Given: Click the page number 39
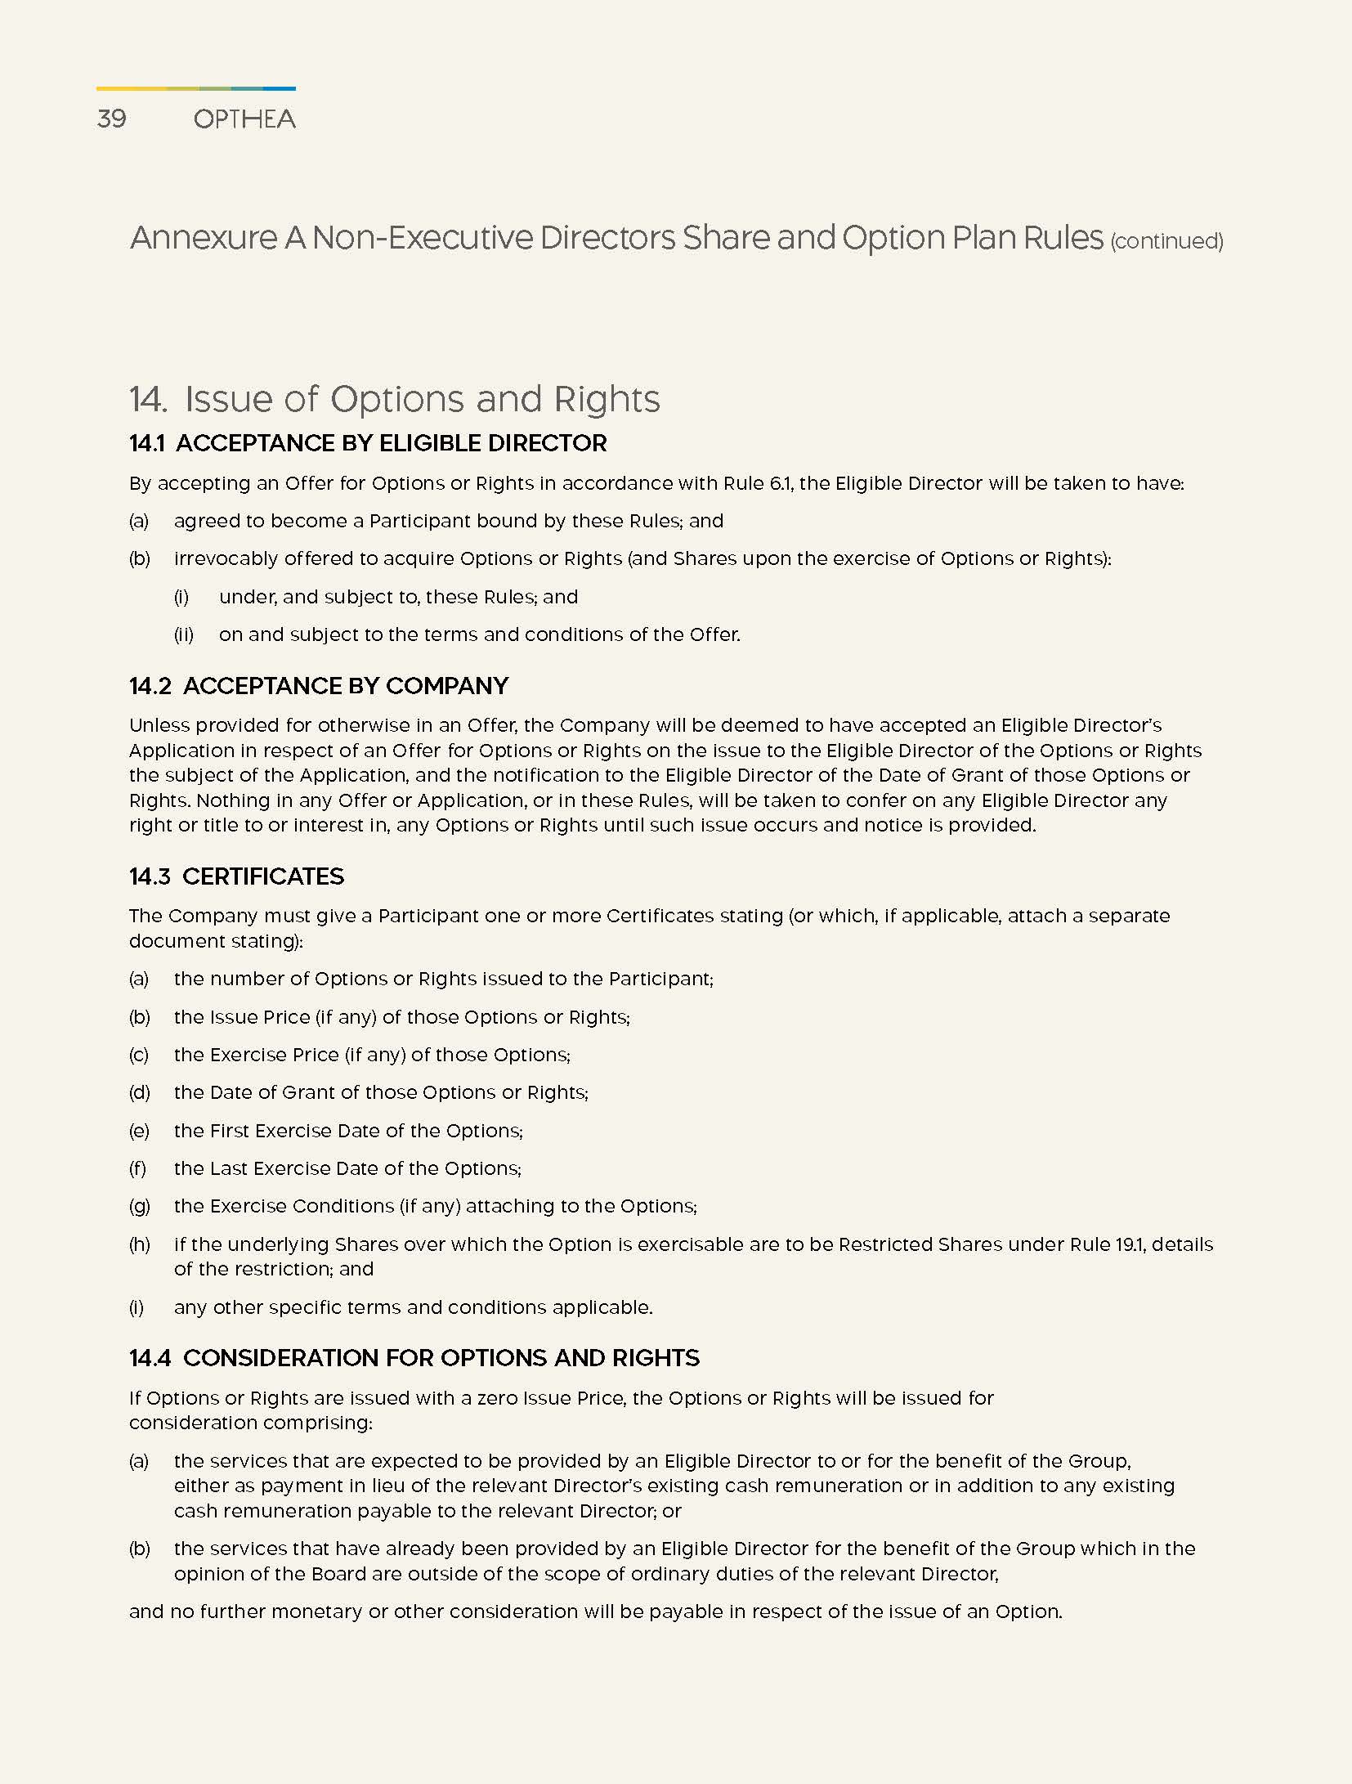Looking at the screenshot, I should (112, 119).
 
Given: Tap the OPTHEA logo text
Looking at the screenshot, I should (244, 119).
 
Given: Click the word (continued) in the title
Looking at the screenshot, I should (1166, 241).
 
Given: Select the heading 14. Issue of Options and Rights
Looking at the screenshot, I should (395, 399).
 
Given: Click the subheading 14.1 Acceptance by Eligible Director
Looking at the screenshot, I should (368, 443).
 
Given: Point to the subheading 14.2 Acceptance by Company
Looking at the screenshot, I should (319, 685).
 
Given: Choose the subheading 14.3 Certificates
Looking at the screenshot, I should (236, 876).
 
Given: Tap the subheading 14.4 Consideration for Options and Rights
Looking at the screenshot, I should (414, 1358).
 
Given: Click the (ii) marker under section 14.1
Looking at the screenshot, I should (184, 634).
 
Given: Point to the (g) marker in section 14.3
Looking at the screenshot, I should (140, 1206).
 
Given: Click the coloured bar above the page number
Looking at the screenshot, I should (196, 88).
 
